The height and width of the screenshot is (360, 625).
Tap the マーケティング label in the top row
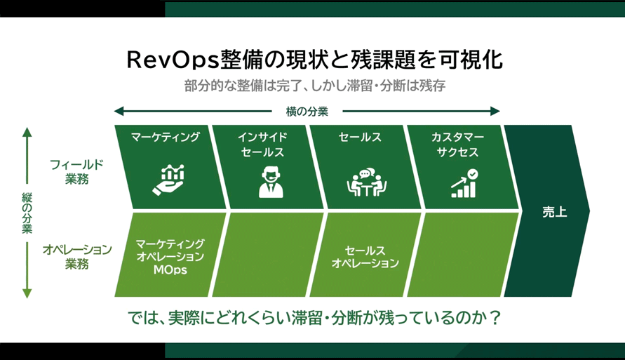click(166, 137)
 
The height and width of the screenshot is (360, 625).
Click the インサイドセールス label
click(262, 145)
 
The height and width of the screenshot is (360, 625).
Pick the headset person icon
click(267, 182)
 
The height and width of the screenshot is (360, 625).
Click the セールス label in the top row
click(360, 138)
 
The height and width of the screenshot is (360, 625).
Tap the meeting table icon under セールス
click(366, 183)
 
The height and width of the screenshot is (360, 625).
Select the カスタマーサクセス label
click(457, 145)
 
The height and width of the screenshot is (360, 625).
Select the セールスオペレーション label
click(365, 257)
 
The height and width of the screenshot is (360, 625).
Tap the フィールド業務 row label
click(76, 171)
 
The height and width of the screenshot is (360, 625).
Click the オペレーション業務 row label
click(76, 256)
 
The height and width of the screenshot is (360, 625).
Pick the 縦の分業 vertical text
click(26, 213)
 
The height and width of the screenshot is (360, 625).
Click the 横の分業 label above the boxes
click(307, 111)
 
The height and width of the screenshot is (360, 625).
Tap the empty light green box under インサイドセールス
click(267, 254)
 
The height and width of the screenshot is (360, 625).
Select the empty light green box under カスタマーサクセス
click(463, 254)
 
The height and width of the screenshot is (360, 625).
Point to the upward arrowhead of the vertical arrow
click(27, 132)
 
